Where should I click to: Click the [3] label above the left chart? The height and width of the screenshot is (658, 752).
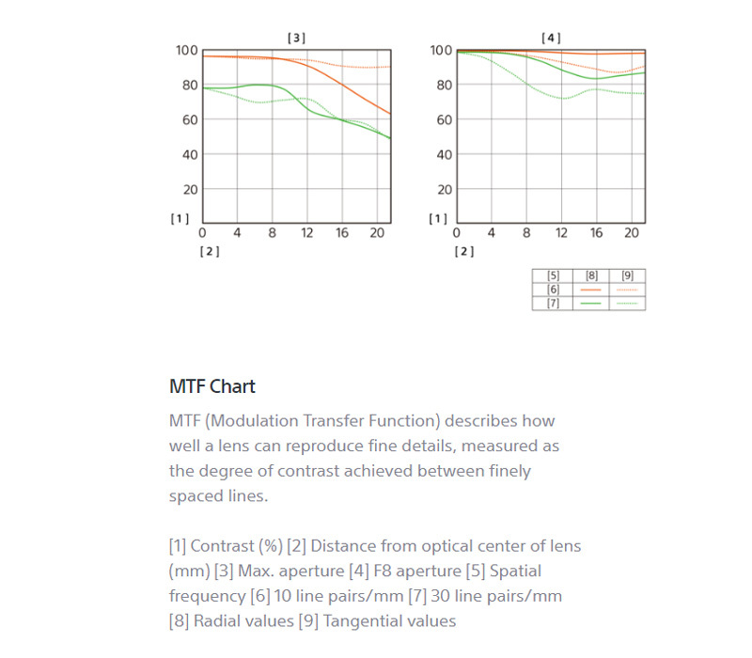[296, 38]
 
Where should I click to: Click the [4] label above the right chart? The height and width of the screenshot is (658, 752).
[551, 38]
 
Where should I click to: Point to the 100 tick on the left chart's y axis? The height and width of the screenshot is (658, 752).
[186, 50]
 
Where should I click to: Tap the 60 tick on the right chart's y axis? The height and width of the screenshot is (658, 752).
[441, 119]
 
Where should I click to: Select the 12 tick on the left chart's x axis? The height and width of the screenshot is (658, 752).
[307, 232]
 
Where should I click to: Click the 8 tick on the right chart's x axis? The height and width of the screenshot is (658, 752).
[526, 232]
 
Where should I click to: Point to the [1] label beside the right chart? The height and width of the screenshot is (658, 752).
[437, 219]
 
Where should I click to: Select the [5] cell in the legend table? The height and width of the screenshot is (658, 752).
[553, 276]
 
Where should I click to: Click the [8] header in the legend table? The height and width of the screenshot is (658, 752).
[591, 276]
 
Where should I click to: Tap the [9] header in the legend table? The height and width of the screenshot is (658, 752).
[627, 276]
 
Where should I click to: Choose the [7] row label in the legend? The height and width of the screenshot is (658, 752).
[553, 303]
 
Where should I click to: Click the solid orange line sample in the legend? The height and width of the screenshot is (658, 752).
[591, 290]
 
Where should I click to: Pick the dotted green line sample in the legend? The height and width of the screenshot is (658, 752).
[627, 303]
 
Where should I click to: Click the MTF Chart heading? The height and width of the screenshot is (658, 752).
[212, 386]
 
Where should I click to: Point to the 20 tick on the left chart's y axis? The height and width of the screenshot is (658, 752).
[190, 189]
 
